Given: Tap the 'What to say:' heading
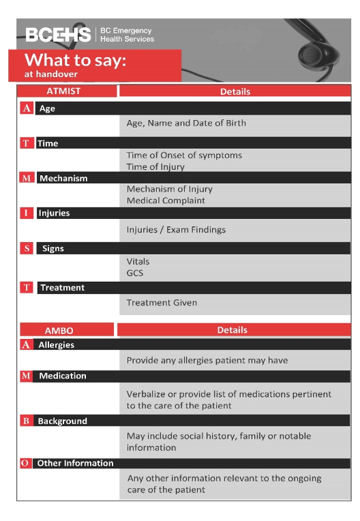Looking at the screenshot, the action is click(76, 60).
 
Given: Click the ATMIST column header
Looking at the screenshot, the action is click(67, 91).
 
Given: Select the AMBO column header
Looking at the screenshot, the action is click(67, 330).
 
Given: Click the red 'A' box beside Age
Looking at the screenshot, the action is click(27, 108).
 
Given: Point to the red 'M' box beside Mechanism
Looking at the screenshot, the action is click(27, 178).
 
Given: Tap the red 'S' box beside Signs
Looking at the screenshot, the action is click(27, 248).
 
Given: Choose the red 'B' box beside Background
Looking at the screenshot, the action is click(26, 421).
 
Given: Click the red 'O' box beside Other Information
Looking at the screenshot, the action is click(26, 463).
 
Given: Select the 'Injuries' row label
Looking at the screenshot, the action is click(54, 213).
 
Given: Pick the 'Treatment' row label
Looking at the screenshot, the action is click(62, 288).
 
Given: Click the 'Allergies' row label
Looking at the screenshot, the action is click(57, 345).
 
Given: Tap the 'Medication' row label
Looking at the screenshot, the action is click(63, 376).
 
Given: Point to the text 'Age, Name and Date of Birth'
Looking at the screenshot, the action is click(186, 123).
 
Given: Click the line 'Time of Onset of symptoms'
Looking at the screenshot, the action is click(184, 155).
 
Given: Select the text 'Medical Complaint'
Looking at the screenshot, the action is click(166, 200).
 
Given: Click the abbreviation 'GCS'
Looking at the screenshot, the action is click(135, 273).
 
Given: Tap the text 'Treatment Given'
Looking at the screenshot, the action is click(162, 302).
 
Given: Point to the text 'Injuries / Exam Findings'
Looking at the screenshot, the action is click(176, 230).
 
